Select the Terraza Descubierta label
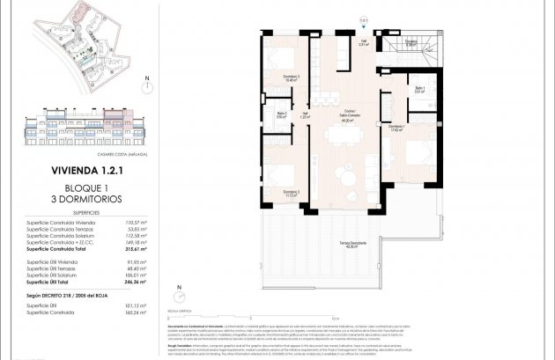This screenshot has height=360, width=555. tap(355, 245)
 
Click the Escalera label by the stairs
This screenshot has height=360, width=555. tap(411, 43)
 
